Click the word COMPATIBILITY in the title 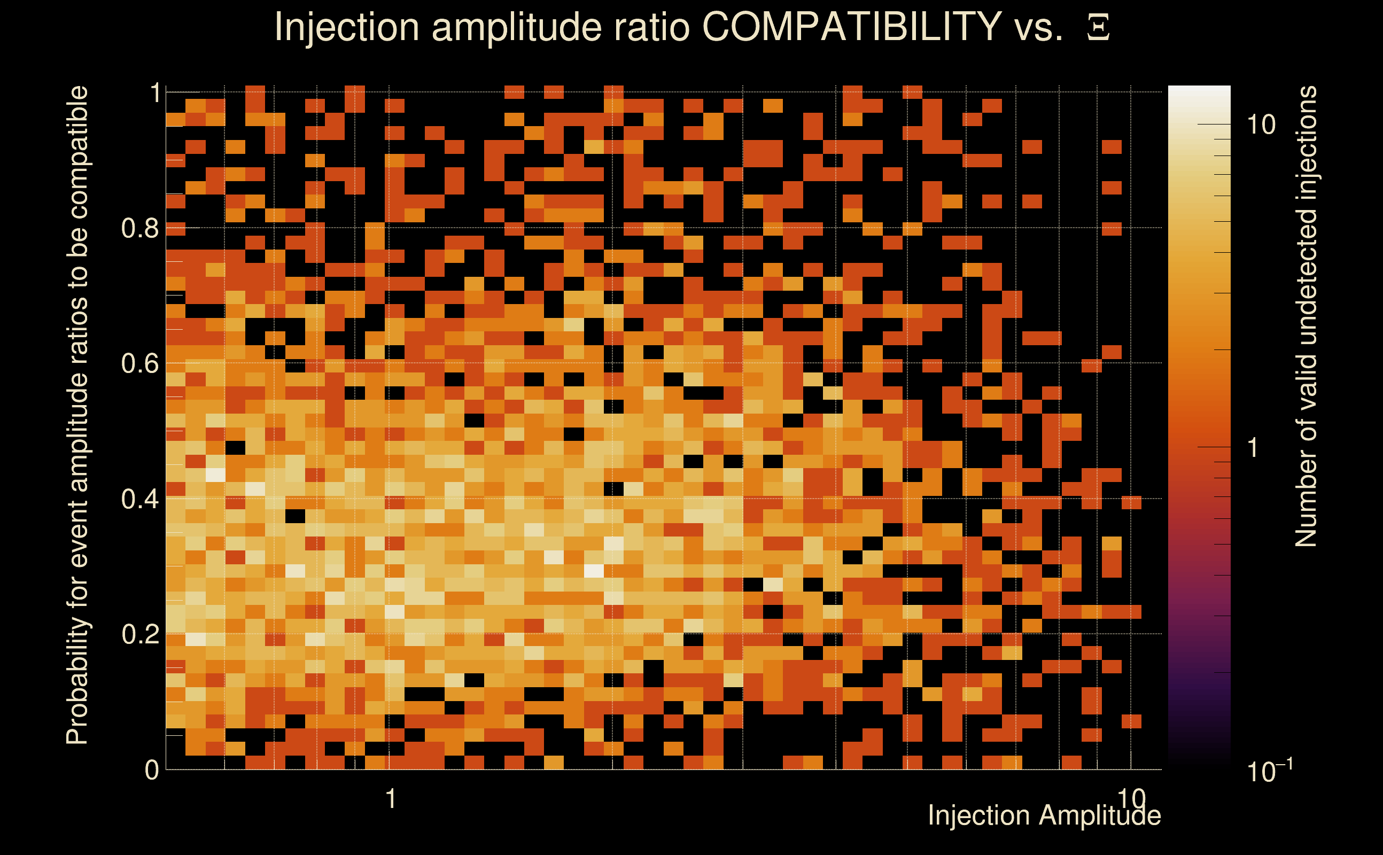point(851,27)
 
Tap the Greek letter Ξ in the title point(1098,28)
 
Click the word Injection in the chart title point(346,28)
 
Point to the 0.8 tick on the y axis point(139,229)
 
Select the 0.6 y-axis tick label point(139,363)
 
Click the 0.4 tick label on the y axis point(139,499)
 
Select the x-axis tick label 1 point(390,799)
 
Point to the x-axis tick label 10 point(1131,799)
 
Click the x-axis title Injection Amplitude point(1044,815)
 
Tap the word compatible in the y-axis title point(77,153)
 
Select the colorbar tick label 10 point(1261,125)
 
